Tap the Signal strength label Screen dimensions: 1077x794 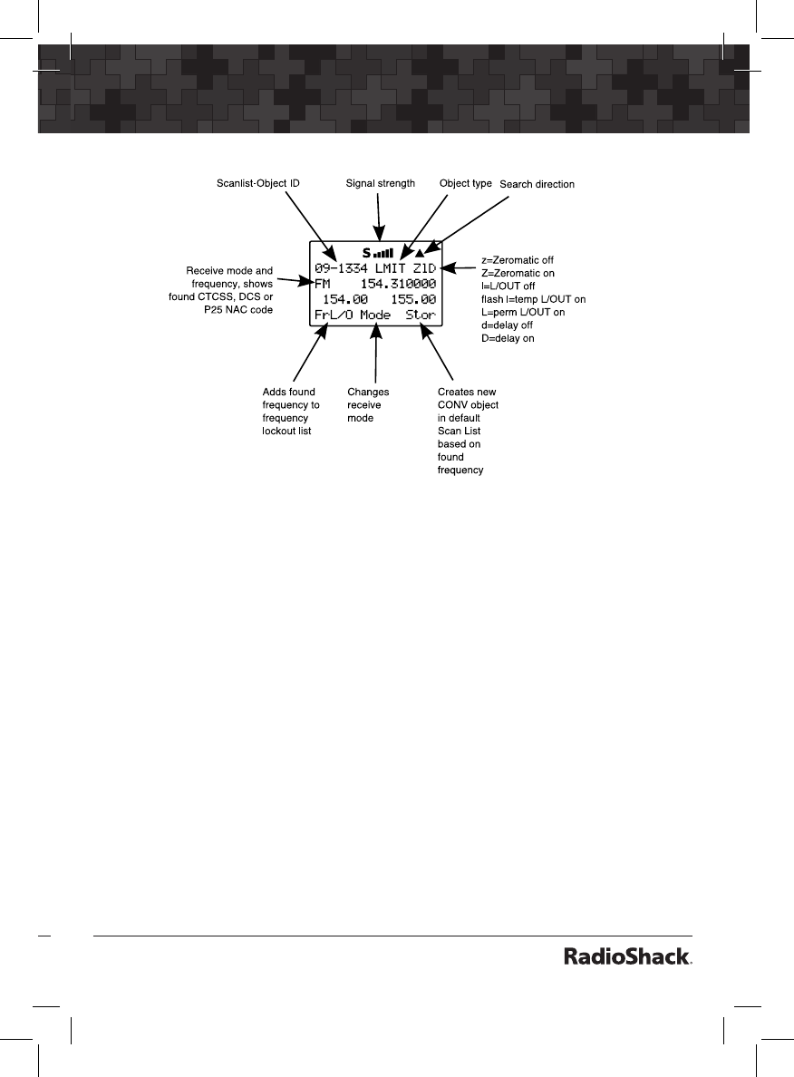pos(381,183)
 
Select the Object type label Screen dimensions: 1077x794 pos(466,183)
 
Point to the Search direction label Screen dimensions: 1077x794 pos(537,184)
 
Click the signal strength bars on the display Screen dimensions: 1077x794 pos(383,253)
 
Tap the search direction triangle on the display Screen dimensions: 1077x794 pos(432,253)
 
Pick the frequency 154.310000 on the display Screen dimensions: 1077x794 pos(392,284)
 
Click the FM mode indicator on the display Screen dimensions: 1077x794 pos(323,284)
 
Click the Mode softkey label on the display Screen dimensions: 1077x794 pos(375,315)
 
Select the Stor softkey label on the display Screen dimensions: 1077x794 pos(421,315)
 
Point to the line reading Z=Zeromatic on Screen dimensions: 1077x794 pos(518,273)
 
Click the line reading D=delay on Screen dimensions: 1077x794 pos(508,338)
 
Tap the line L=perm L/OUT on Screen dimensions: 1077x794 pos(523,312)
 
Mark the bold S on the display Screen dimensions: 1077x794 pos(366,253)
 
